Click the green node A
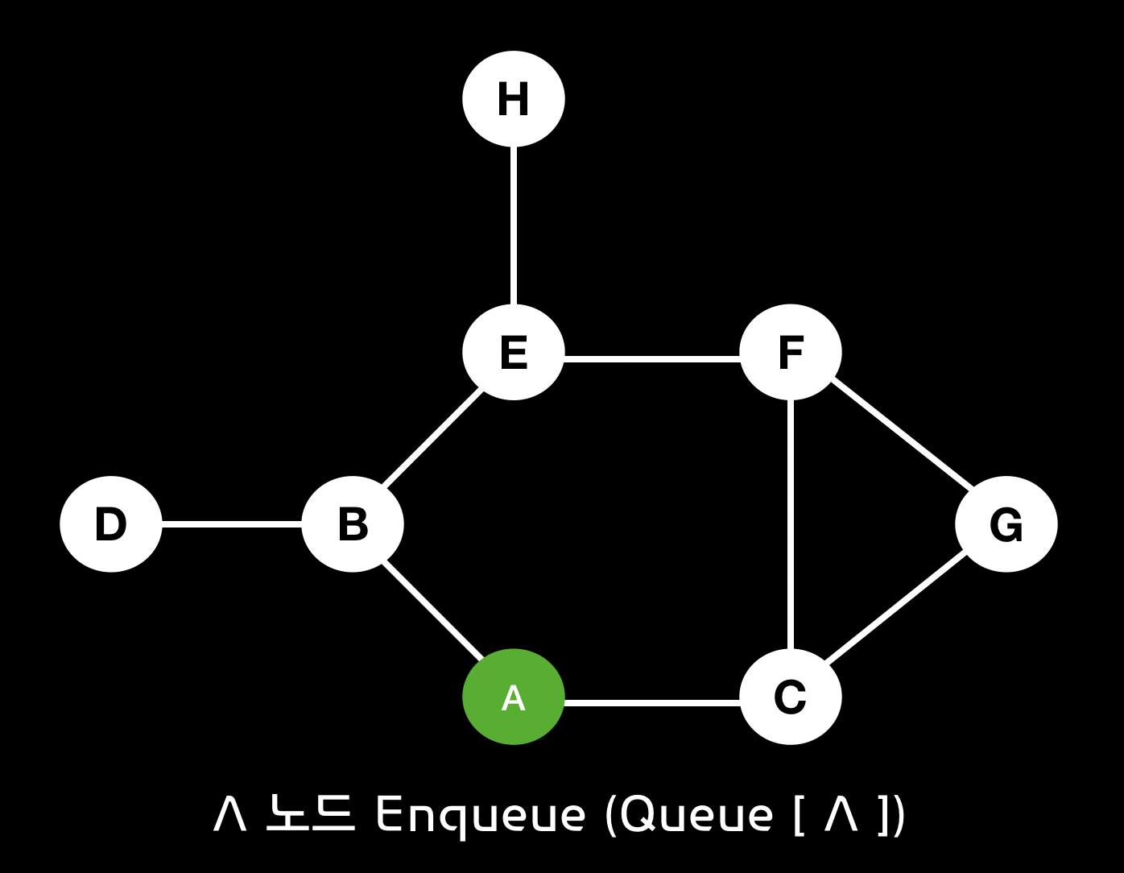[514, 697]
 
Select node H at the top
[514, 99]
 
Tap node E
[514, 352]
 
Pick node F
[791, 352]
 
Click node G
[1006, 524]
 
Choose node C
[791, 697]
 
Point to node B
[353, 524]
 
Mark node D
[111, 524]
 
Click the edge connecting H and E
[514, 225]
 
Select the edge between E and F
[652, 358]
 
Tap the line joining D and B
[232, 524]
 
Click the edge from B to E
[432, 439]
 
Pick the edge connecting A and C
[652, 703]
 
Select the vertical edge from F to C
[791, 524]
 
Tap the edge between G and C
[895, 607]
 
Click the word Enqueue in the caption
[480, 815]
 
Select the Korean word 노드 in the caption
[309, 813]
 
